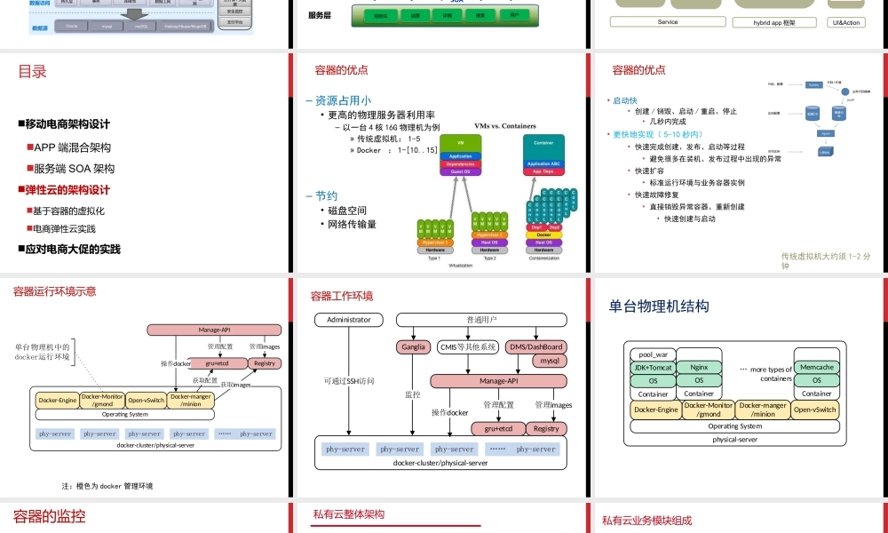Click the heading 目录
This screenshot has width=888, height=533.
coord(32,72)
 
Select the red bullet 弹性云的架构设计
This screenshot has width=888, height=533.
coord(67,190)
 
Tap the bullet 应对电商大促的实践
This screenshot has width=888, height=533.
coord(72,250)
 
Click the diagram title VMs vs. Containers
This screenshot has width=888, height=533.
coord(505,126)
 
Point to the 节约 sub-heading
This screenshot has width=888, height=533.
coord(321,196)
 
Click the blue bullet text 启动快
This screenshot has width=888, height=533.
coord(624,100)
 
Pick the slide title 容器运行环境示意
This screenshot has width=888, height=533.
coord(54,291)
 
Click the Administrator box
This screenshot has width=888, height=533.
coord(349,320)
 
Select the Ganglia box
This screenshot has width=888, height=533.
coord(412,347)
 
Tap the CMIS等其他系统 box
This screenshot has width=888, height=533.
coord(468,347)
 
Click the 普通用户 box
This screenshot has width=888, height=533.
coord(481,320)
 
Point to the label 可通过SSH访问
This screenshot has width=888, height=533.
coord(349,381)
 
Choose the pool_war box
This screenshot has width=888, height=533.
coord(654,354)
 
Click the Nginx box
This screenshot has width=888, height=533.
coord(699,367)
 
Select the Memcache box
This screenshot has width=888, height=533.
coord(817,367)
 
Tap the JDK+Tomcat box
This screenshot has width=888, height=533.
coord(654,368)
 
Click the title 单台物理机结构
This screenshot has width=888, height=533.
coord(659,306)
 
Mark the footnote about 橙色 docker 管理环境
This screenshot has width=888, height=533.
coord(107,486)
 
